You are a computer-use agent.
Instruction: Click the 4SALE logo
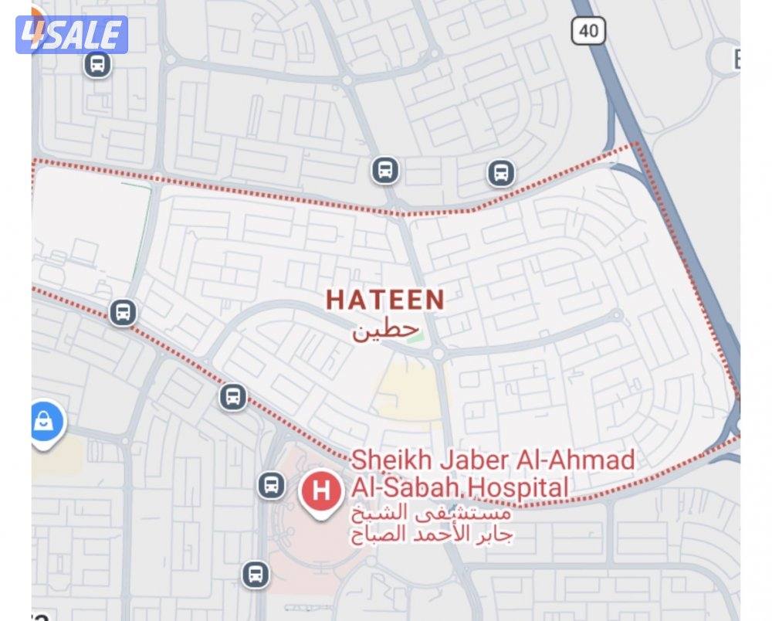click(71, 35)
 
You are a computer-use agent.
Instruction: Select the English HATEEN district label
click(385, 300)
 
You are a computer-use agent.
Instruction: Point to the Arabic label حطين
click(378, 331)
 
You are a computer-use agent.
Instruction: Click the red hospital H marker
click(321, 491)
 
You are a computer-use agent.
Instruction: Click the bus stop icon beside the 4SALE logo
click(97, 65)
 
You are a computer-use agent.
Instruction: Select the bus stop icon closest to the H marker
click(271, 485)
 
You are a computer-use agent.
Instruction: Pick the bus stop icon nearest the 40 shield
click(501, 173)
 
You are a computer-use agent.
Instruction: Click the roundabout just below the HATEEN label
click(438, 354)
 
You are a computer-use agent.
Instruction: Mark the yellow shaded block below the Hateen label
click(409, 394)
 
